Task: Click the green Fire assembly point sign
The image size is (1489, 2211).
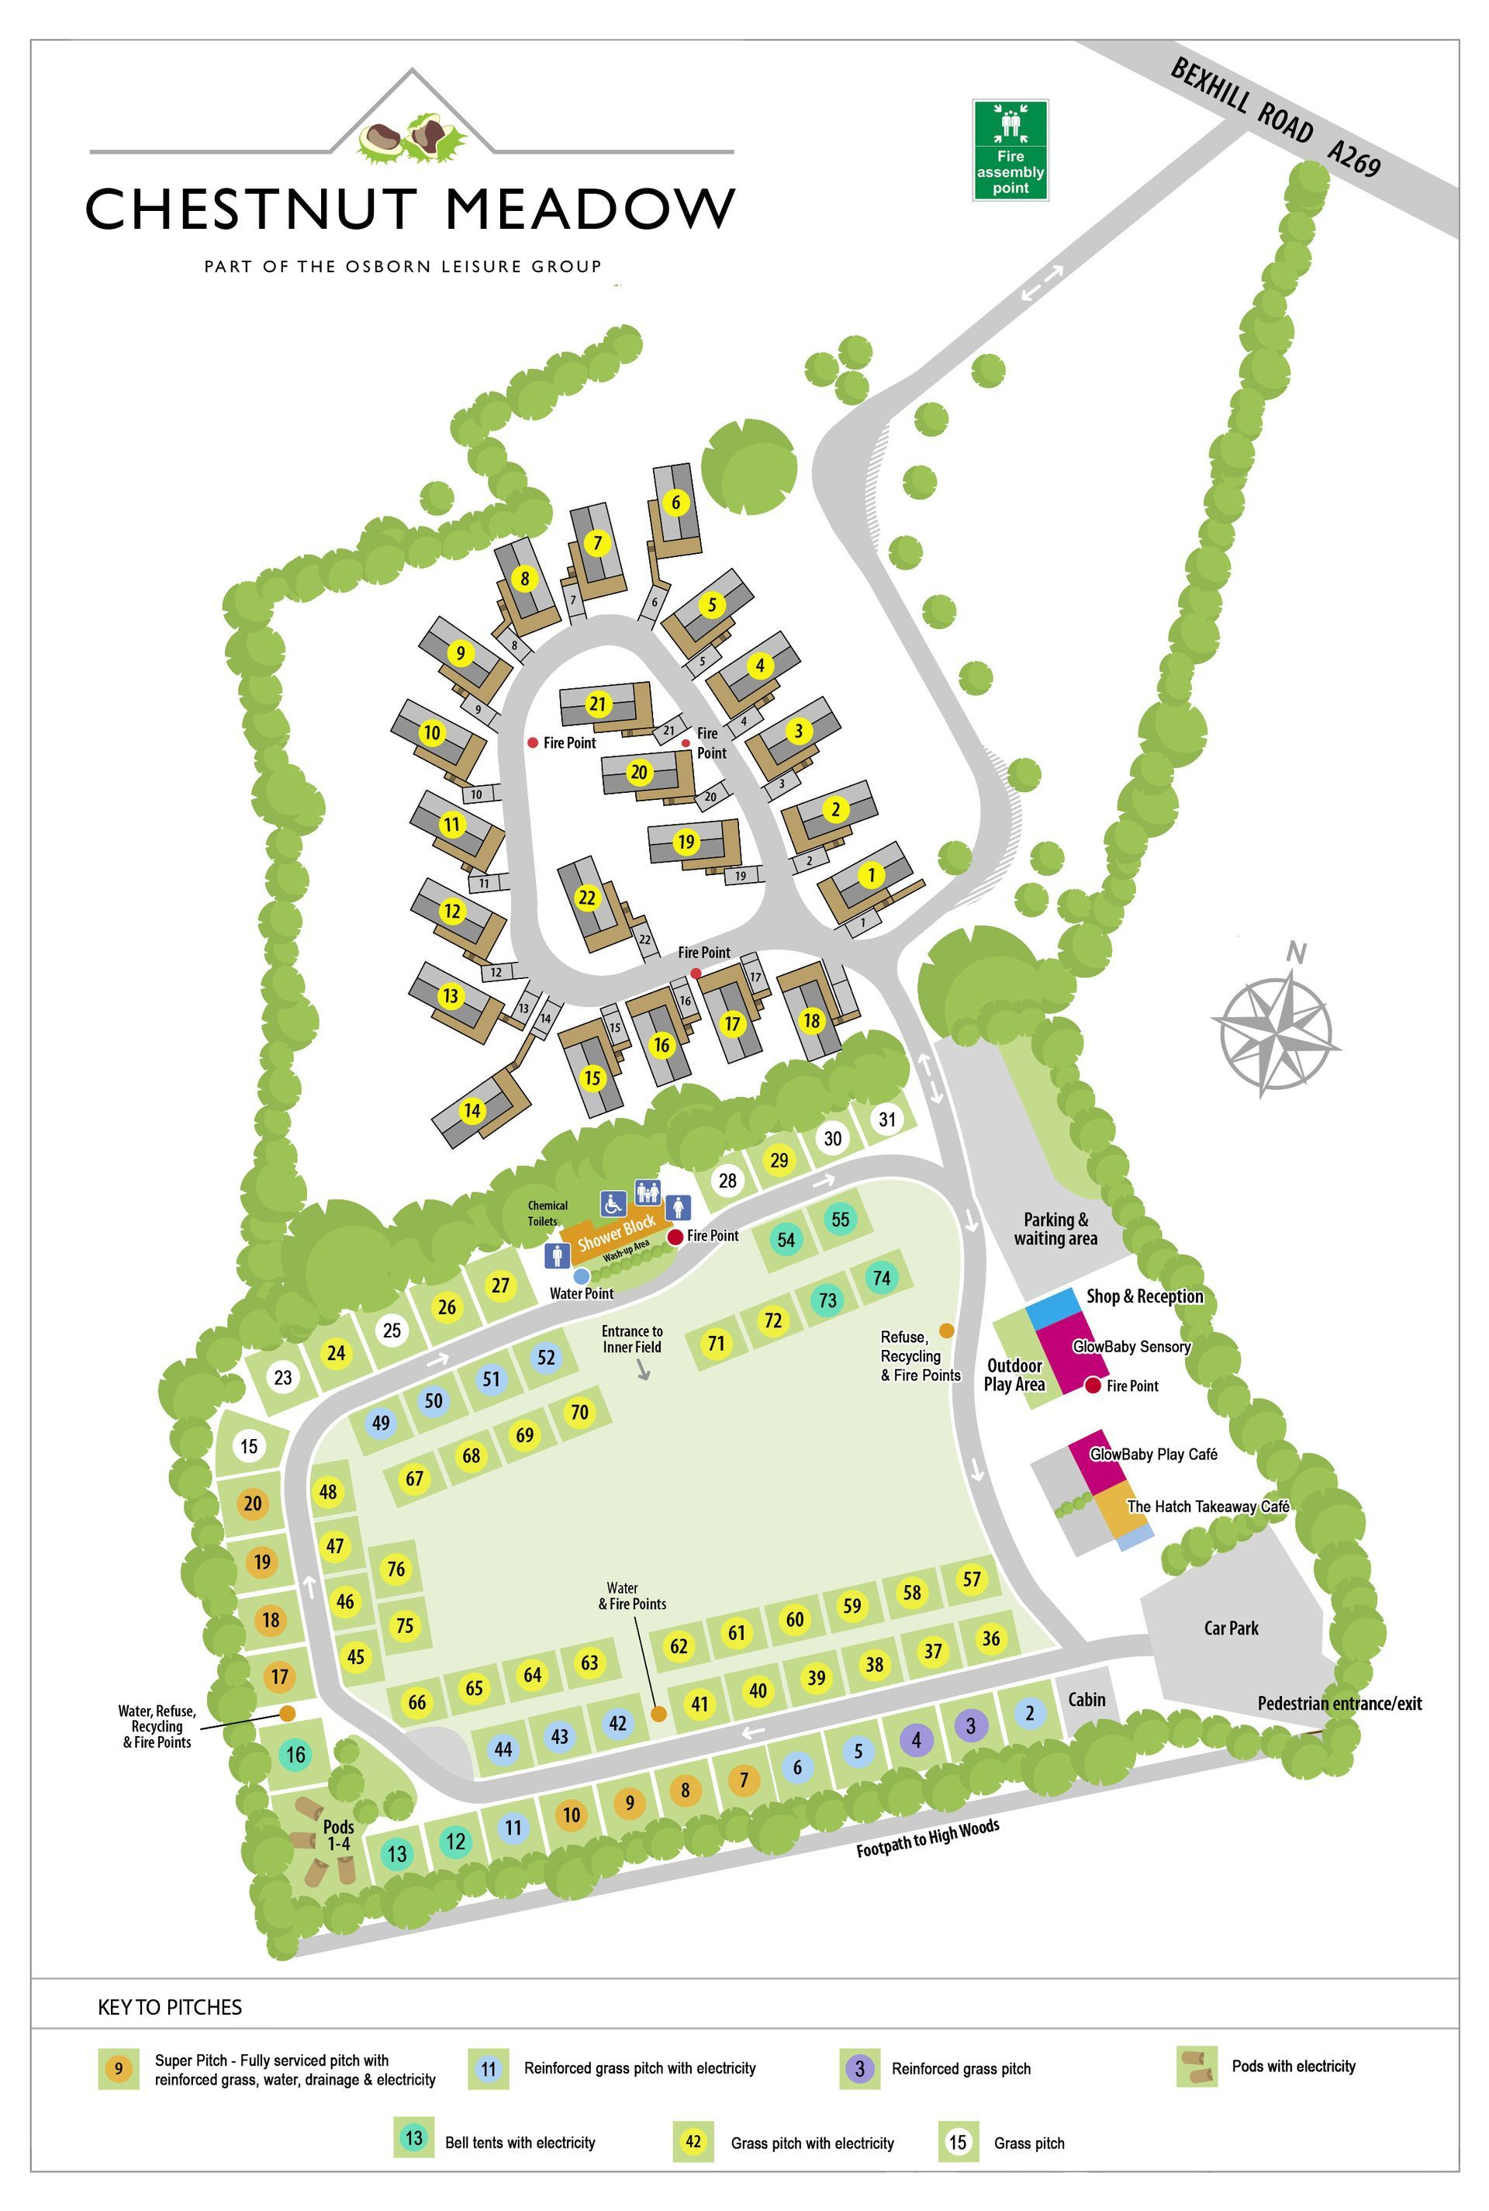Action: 1010,150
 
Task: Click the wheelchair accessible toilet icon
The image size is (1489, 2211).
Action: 613,1204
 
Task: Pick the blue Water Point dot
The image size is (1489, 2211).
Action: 581,1276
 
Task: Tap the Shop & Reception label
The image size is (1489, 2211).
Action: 1145,1296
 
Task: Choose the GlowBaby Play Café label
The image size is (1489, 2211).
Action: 1153,1454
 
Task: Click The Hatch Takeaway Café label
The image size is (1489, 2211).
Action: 1207,1507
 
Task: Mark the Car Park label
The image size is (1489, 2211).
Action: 1231,1628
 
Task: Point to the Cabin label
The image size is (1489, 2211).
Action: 1087,1699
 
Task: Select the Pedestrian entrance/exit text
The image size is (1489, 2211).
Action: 1339,1703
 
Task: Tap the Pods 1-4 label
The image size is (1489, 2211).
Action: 338,1835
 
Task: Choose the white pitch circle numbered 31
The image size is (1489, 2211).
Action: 886,1119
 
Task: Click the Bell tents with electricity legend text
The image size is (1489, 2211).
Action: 520,2143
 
